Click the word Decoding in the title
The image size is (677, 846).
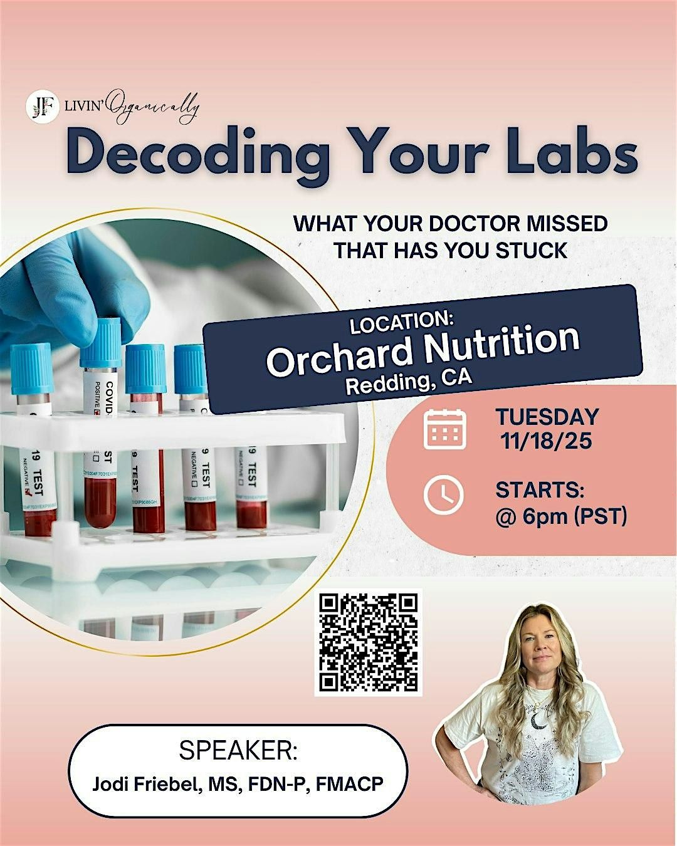coord(198,152)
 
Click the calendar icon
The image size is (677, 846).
coord(444,429)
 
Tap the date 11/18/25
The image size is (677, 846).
coord(546,441)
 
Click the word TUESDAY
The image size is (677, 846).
coord(547,417)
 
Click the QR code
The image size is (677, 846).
coord(369,642)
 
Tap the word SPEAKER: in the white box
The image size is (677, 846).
coord(238,751)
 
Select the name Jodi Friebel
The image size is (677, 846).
coord(143,783)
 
